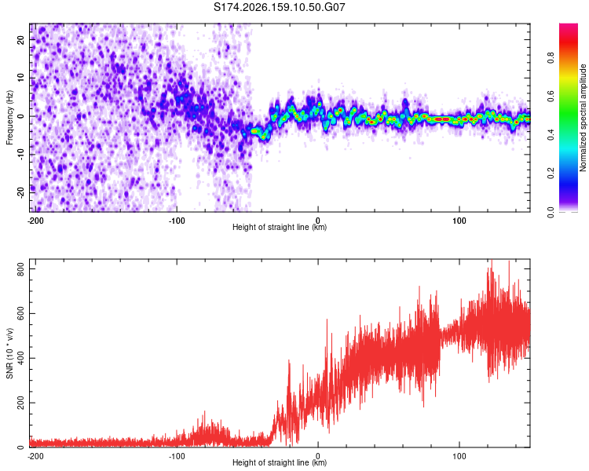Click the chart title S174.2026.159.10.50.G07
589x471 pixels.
click(x=279, y=7)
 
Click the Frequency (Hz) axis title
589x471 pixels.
click(x=9, y=118)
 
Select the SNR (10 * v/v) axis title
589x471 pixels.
click(x=9, y=353)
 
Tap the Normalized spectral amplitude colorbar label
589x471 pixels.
click(x=583, y=118)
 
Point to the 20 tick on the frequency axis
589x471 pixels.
click(x=20, y=39)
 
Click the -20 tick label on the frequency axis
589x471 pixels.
click(x=20, y=192)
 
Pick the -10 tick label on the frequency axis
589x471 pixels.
click(x=20, y=155)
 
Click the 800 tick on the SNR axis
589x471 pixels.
click(x=20, y=269)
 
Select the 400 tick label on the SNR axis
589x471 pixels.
click(x=20, y=358)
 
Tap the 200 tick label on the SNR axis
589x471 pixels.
click(x=20, y=403)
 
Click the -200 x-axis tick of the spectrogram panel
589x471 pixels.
click(x=35, y=221)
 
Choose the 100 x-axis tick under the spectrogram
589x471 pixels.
click(x=459, y=221)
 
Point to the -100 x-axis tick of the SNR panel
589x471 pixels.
click(x=177, y=456)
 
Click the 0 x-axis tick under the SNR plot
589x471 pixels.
click(x=318, y=456)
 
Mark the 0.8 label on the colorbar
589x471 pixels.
click(x=551, y=58)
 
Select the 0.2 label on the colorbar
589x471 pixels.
click(x=551, y=173)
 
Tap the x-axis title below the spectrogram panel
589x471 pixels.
click(x=280, y=227)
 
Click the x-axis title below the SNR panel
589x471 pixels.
click(x=280, y=462)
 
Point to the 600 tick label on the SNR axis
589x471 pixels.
click(x=20, y=314)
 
